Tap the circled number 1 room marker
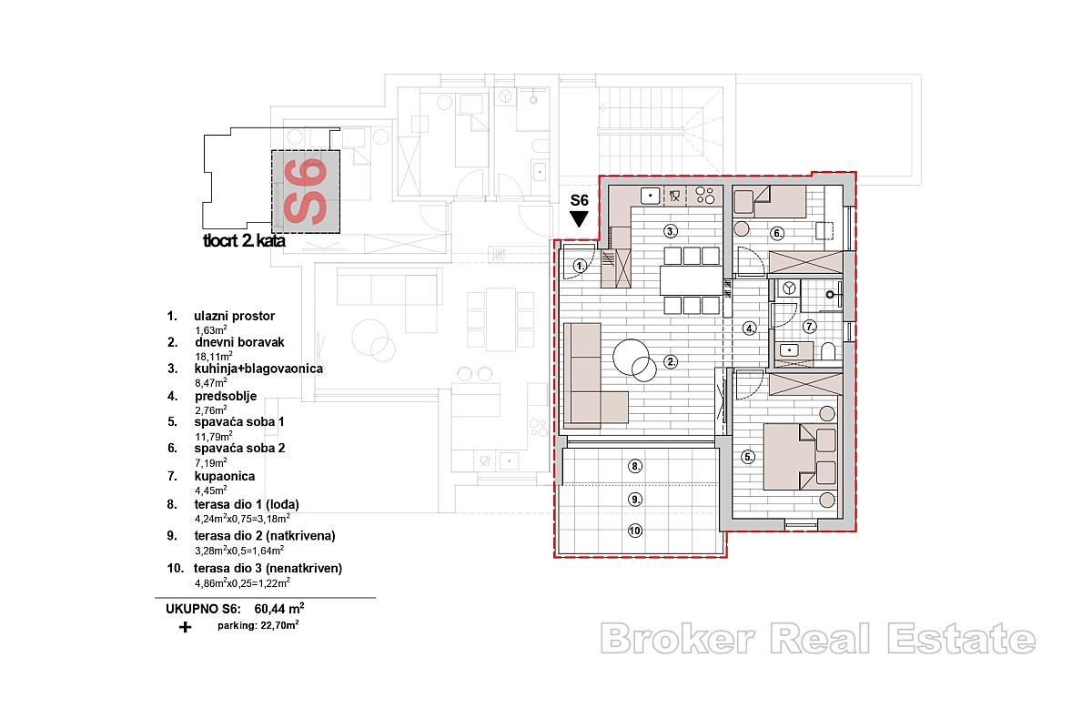[581, 266]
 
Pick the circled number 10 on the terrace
[635, 531]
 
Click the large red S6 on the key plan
[306, 191]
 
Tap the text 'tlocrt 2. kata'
[244, 242]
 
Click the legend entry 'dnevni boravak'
[239, 342]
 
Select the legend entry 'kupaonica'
[224, 476]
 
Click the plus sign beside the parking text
[186, 627]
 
